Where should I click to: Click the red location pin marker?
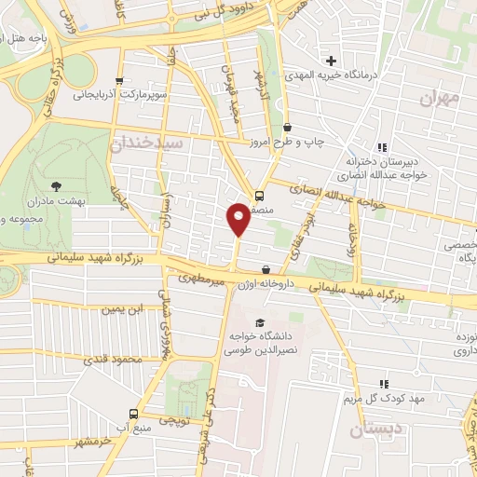click(x=238, y=218)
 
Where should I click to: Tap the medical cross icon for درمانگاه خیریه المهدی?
click(x=331, y=61)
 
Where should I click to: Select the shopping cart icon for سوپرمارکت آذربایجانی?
click(x=117, y=81)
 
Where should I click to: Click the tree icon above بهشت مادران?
click(x=56, y=186)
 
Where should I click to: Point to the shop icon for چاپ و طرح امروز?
click(x=287, y=127)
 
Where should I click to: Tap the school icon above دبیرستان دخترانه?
click(x=382, y=147)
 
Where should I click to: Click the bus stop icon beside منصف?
click(x=258, y=196)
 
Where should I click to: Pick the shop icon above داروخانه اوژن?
click(x=266, y=269)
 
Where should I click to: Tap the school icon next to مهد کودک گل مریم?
click(x=384, y=384)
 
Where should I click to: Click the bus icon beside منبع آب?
click(x=133, y=414)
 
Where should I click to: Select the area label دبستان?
click(x=373, y=429)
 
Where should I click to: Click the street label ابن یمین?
click(x=124, y=308)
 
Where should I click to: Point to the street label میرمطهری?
click(x=203, y=278)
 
